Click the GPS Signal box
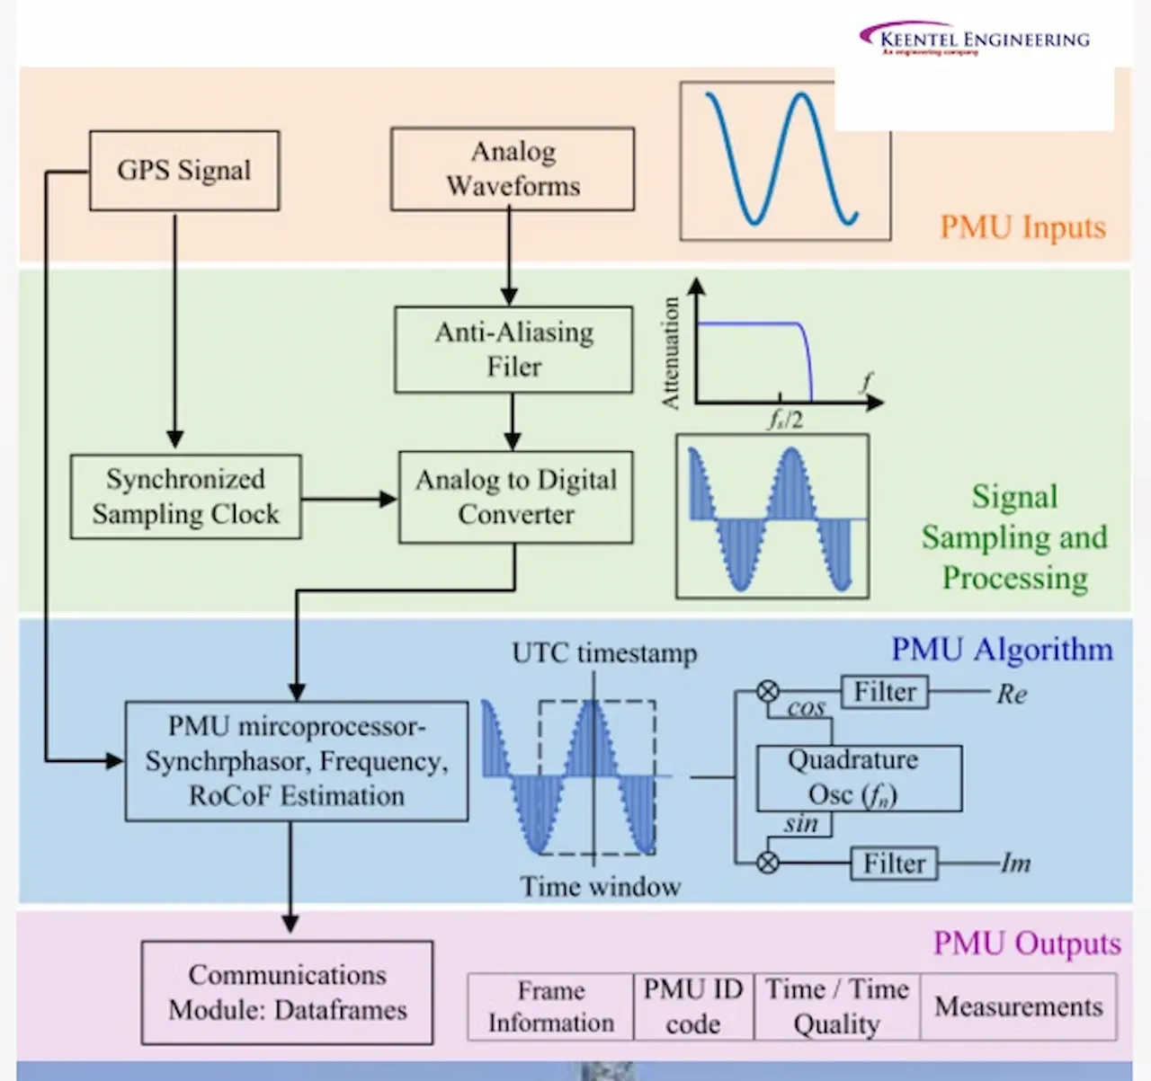click(184, 171)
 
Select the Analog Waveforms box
click(513, 169)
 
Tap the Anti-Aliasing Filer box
click(513, 350)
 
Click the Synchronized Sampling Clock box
click(185, 497)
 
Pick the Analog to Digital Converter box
click(515, 497)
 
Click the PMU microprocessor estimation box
click(296, 761)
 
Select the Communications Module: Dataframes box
click(287, 992)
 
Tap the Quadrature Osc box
click(859, 778)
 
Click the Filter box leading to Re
click(885, 692)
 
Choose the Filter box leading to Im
click(894, 864)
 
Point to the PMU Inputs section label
click(1022, 227)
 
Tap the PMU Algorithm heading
click(1002, 650)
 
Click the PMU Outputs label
click(1027, 944)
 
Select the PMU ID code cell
click(693, 1006)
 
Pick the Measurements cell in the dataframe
click(1018, 1006)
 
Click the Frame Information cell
click(550, 1006)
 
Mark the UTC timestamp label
click(604, 653)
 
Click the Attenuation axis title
click(671, 354)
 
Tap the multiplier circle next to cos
click(767, 691)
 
